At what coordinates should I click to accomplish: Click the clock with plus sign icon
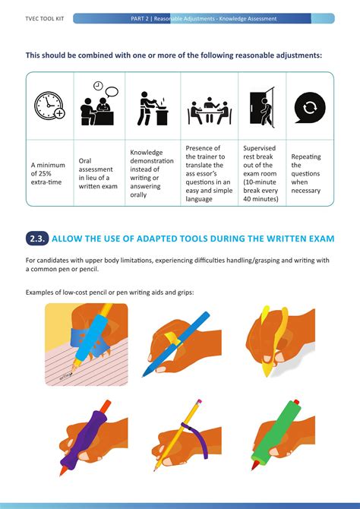(49, 106)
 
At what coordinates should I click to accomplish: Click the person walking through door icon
(261, 107)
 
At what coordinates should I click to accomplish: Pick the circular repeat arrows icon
(309, 106)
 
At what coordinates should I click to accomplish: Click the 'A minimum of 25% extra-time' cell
(48, 172)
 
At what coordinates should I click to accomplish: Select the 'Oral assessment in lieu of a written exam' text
(98, 173)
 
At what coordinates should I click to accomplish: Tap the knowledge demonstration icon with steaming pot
(152, 107)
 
